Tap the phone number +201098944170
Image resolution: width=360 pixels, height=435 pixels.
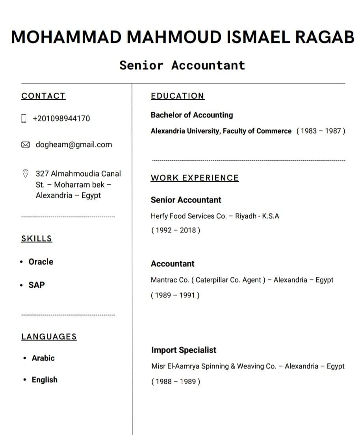(x=61, y=118)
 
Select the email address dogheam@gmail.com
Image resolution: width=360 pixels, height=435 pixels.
(x=74, y=145)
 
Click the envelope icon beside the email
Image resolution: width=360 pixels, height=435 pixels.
(x=25, y=145)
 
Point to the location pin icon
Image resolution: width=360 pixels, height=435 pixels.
(x=25, y=173)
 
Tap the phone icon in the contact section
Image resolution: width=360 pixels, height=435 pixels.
(x=24, y=118)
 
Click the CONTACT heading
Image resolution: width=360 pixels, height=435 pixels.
(x=43, y=96)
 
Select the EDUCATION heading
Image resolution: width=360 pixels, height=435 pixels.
(x=177, y=96)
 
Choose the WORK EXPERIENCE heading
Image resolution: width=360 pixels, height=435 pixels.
(x=195, y=178)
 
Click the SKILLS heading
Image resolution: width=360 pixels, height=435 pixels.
(x=37, y=238)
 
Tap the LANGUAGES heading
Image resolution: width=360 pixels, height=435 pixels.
(x=49, y=336)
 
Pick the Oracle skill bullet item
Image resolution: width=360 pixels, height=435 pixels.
(x=41, y=262)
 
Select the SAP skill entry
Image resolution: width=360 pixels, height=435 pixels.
(x=37, y=284)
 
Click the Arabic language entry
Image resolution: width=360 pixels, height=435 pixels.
(x=43, y=358)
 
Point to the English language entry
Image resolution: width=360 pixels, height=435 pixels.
(x=45, y=379)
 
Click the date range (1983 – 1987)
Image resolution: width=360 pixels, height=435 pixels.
(x=321, y=131)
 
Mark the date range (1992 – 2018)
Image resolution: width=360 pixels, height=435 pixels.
(x=176, y=230)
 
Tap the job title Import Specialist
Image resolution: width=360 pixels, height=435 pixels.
(x=184, y=350)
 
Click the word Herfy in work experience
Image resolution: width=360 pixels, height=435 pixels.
(x=159, y=216)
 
